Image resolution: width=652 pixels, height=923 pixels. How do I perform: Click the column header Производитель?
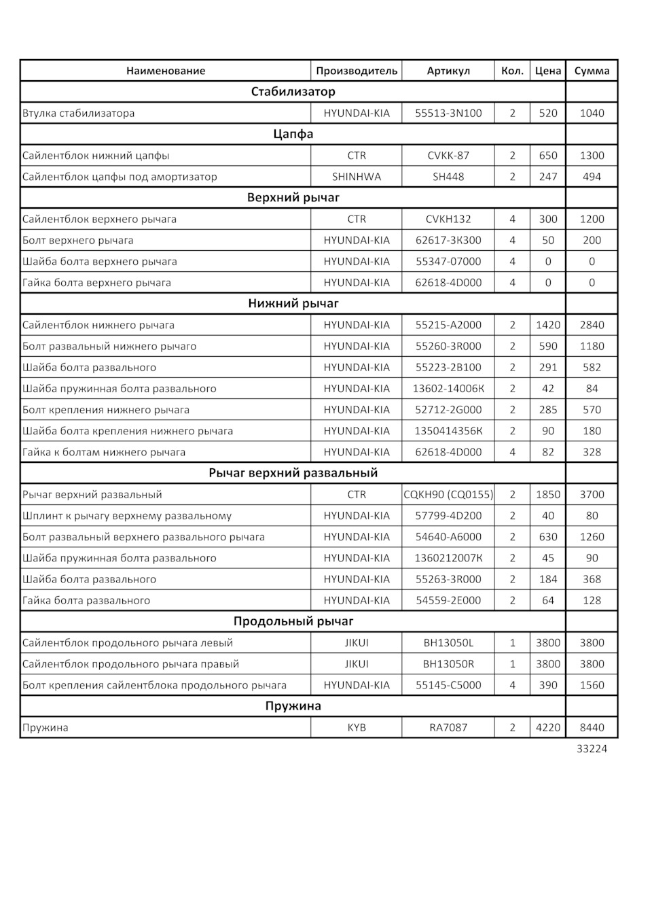(x=356, y=71)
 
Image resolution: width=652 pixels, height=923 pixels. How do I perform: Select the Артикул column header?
(x=448, y=71)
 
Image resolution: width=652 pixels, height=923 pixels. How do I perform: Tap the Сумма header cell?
(x=592, y=71)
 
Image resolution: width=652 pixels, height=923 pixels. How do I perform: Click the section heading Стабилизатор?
(x=293, y=92)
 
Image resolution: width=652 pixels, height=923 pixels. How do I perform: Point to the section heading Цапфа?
(x=293, y=134)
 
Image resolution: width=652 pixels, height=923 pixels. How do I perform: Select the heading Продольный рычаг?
(x=293, y=621)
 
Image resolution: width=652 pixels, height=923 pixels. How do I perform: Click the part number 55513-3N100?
(x=448, y=114)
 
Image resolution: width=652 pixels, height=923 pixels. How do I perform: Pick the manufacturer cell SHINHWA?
(x=356, y=177)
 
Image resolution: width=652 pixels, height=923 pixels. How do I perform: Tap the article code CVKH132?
(x=448, y=219)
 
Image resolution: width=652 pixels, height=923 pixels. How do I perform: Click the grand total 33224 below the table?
(x=592, y=748)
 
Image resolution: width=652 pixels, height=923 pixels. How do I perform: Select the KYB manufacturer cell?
(x=356, y=727)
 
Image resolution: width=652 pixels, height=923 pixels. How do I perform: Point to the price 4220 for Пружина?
(x=547, y=727)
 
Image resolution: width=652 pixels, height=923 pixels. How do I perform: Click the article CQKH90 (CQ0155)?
(x=448, y=495)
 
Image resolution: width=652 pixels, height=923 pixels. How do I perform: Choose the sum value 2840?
(x=592, y=325)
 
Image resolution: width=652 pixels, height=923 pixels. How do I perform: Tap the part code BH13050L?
(x=448, y=643)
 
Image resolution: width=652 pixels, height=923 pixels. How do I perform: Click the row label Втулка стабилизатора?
(x=79, y=114)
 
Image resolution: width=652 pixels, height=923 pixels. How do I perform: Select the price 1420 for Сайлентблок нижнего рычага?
(x=547, y=325)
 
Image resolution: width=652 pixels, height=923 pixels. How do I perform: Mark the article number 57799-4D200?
(x=448, y=516)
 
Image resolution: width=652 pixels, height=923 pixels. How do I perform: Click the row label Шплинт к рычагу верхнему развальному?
(x=127, y=516)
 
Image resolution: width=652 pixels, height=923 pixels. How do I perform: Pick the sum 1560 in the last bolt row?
(x=592, y=685)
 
